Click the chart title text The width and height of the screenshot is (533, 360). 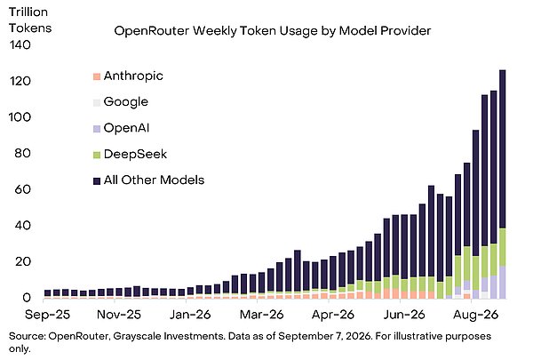pyautogui.click(x=273, y=31)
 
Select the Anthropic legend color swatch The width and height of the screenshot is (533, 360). pyautogui.click(x=97, y=76)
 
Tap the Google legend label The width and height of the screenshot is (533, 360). pyautogui.click(x=126, y=101)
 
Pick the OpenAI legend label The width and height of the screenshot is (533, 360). pyautogui.click(x=126, y=128)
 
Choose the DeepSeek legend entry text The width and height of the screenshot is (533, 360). pyautogui.click(x=135, y=154)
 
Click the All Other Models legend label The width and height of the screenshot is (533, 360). pyautogui.click(x=154, y=180)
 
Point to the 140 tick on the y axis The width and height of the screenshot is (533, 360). pyautogui.click(x=20, y=45)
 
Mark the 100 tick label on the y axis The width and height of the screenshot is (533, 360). pyautogui.click(x=20, y=117)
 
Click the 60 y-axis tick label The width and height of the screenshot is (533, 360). pyautogui.click(x=23, y=189)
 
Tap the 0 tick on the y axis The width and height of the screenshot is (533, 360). pyautogui.click(x=27, y=298)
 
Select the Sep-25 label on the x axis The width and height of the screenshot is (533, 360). pyautogui.click(x=47, y=315)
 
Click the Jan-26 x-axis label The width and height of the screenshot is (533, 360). pyautogui.click(x=190, y=315)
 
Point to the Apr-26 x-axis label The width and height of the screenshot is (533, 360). pyautogui.click(x=333, y=315)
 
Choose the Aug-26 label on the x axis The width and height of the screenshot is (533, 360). pyautogui.click(x=475, y=315)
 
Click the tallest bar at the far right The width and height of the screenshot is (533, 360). pyautogui.click(x=502, y=184)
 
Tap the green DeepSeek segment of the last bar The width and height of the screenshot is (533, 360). pyautogui.click(x=502, y=247)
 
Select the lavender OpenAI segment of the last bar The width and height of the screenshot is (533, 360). pyautogui.click(x=502, y=283)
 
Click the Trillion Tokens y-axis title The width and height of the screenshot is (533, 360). pyautogui.click(x=30, y=20)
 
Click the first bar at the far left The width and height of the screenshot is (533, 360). pyautogui.click(x=48, y=294)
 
